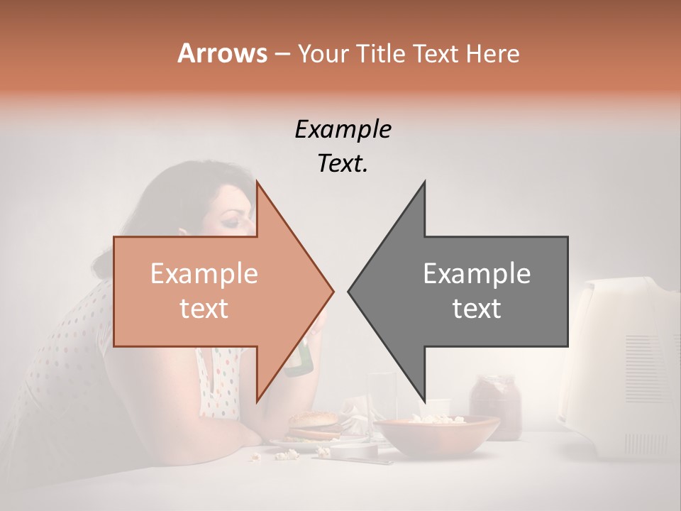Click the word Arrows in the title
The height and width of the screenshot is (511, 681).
point(221,53)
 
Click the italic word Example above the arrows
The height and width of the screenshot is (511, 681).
point(343,130)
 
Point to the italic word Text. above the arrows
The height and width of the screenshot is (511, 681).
point(343,164)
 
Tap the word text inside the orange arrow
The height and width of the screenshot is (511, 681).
point(204,309)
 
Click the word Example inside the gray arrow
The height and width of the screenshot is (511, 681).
point(477,274)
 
